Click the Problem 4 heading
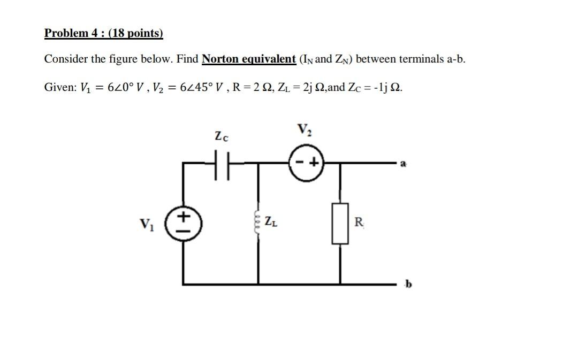(103, 33)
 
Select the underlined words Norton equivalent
(248, 59)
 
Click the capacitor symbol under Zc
(221, 161)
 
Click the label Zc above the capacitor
(221, 137)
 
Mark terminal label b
(408, 284)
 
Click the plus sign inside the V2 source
(314, 161)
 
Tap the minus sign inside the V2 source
(299, 161)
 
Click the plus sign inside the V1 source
(183, 217)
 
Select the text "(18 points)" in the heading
(136, 33)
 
